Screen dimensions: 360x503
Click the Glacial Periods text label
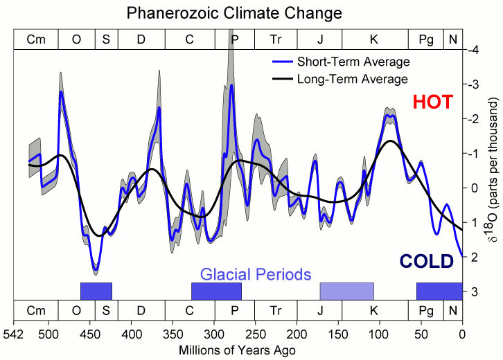pos(256,273)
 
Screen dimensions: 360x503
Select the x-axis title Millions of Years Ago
pos(238,350)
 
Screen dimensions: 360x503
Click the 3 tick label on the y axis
pos(474,291)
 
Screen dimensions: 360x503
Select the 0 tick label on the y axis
pos(474,188)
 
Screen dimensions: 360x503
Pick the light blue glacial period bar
pos(346,291)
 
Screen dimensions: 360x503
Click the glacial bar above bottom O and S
pos(96,291)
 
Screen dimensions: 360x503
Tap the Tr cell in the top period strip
pos(276,39)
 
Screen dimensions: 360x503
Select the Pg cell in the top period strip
pos(426,39)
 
